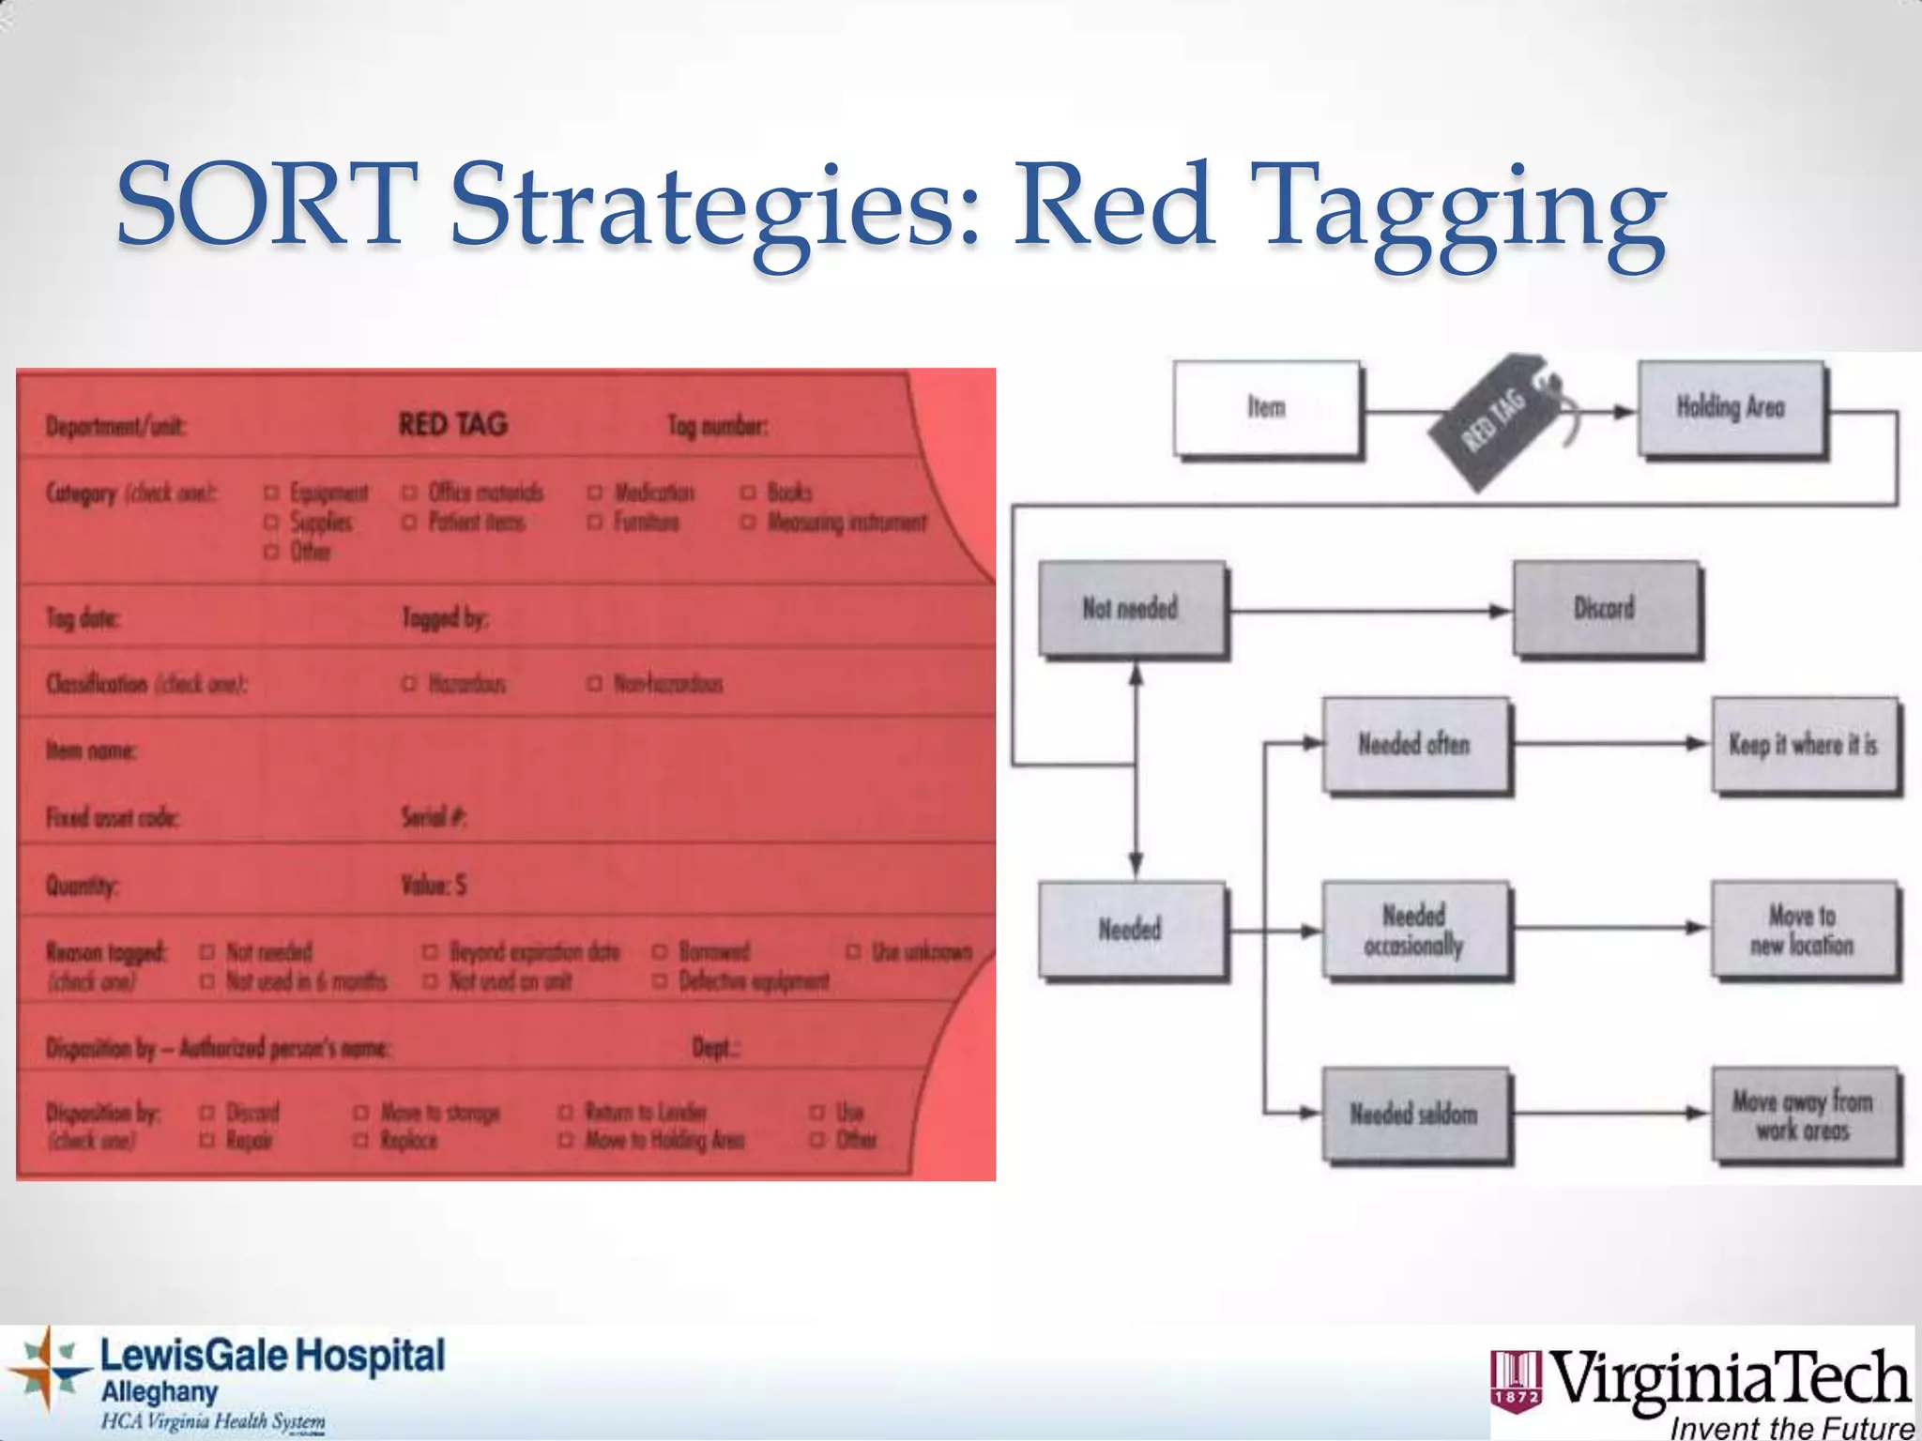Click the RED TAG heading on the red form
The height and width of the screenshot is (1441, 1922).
coord(453,424)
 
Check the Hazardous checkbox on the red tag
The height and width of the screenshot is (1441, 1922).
coord(408,684)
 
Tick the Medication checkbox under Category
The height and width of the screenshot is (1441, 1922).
coord(594,493)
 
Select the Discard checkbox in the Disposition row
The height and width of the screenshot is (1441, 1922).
coord(207,1113)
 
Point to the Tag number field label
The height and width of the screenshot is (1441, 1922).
coord(718,426)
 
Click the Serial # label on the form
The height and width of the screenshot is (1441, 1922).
coord(434,817)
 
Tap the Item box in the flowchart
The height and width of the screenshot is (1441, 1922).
coord(1266,407)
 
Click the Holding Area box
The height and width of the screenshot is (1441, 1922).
coord(1731,407)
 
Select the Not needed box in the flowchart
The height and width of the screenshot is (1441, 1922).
coord(1131,608)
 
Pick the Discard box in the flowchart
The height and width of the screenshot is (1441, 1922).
coord(1605,608)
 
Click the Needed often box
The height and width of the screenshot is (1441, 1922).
coord(1414,745)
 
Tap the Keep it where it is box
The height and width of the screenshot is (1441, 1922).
coord(1803,745)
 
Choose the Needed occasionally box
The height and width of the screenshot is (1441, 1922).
coord(1414,930)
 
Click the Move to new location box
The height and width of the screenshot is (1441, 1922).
coord(1803,930)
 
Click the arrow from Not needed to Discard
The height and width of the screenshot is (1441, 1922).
coord(1370,612)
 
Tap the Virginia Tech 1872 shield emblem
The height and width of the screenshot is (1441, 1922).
coord(1516,1378)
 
